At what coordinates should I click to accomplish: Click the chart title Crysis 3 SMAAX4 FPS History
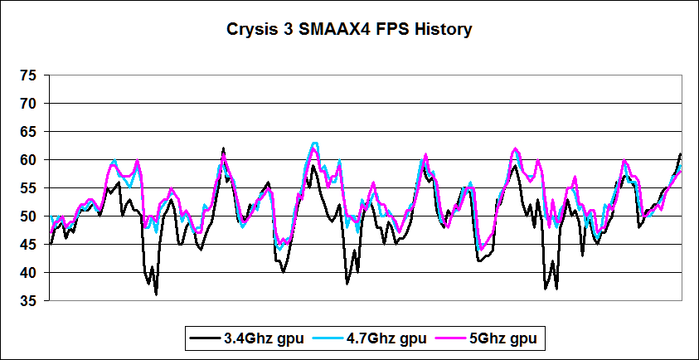point(349,30)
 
